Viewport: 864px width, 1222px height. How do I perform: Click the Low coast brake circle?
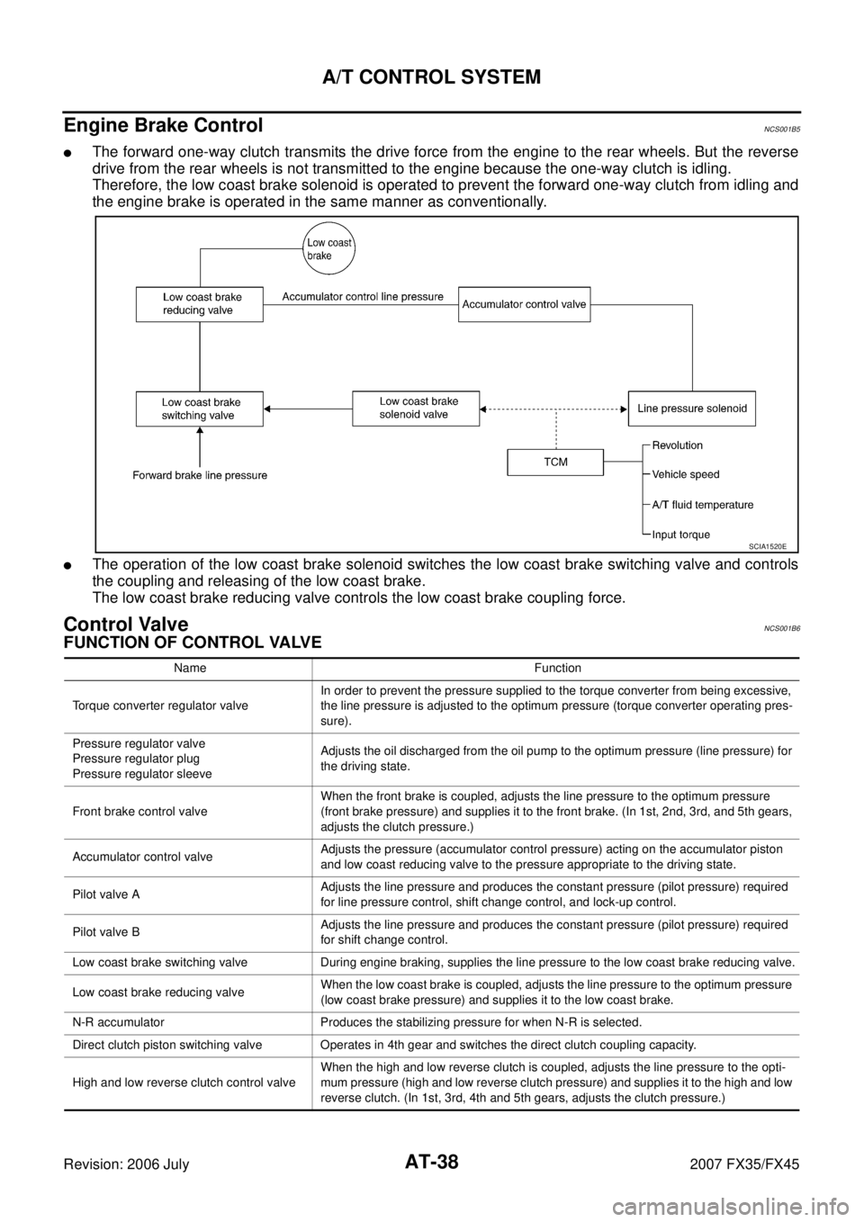[x=328, y=247]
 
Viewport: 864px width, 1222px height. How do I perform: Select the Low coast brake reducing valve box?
[x=199, y=304]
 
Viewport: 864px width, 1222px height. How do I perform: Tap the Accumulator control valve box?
[x=524, y=304]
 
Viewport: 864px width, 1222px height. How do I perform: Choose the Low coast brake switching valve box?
[x=199, y=409]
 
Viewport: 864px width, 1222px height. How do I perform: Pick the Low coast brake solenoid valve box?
[x=416, y=409]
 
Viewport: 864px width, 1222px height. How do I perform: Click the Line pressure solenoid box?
[x=691, y=409]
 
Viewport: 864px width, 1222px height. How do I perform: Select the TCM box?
[x=555, y=462]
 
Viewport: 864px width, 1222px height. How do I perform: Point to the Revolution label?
[x=677, y=445]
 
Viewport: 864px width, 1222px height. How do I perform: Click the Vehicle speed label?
[x=685, y=474]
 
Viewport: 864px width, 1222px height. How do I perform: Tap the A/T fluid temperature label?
[x=702, y=505]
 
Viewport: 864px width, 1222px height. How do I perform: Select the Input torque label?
[x=680, y=535]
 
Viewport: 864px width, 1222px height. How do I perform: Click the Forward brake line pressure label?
[x=200, y=475]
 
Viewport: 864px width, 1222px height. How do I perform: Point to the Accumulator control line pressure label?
[x=363, y=296]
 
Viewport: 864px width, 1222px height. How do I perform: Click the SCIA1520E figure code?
[x=772, y=545]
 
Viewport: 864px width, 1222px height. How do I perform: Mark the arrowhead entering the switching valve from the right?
[x=267, y=409]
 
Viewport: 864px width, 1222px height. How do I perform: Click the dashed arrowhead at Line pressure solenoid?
[x=623, y=409]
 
